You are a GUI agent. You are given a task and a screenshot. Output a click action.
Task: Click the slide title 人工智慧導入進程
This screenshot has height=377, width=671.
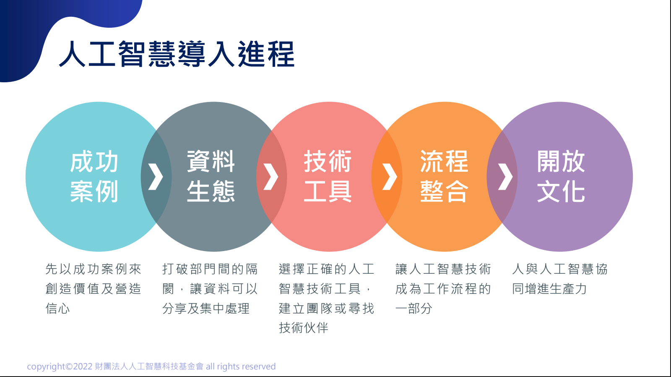click(177, 54)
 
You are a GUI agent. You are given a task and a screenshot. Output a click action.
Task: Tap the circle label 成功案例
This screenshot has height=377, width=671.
click(94, 176)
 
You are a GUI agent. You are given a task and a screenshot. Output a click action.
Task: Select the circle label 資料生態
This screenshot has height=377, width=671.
click(211, 176)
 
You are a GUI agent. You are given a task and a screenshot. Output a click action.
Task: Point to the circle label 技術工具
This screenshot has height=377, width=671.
click(328, 176)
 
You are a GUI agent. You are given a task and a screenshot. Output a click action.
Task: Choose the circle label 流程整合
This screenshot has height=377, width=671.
click(444, 176)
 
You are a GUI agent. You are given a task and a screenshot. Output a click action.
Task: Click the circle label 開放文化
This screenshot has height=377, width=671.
click(561, 176)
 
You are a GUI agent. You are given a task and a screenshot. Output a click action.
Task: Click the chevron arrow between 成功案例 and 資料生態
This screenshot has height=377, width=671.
click(156, 177)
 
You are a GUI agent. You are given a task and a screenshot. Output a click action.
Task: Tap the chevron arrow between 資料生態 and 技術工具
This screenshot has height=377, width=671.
click(271, 177)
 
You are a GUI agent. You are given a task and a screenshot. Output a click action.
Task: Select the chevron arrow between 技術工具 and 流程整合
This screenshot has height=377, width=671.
click(390, 177)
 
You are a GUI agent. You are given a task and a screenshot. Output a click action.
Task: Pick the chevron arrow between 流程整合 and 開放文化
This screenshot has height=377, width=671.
click(505, 177)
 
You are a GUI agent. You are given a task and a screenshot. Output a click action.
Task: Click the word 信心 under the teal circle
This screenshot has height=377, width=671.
click(57, 308)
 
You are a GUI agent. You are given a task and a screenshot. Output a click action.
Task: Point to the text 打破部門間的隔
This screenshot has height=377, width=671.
click(210, 269)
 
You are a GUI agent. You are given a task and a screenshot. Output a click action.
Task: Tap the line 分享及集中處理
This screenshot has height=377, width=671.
click(206, 308)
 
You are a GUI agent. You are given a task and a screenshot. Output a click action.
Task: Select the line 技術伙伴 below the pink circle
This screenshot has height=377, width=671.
click(304, 328)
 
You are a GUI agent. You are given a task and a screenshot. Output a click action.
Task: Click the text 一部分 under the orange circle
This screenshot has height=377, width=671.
click(414, 308)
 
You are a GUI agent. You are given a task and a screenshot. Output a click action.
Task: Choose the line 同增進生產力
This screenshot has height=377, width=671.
click(549, 289)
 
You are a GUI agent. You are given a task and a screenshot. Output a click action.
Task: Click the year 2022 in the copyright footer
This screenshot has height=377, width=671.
click(83, 367)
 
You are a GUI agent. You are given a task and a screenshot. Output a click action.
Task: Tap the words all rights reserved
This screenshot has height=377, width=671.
click(241, 367)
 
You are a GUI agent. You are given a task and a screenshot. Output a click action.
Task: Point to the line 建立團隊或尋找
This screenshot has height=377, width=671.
click(327, 308)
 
